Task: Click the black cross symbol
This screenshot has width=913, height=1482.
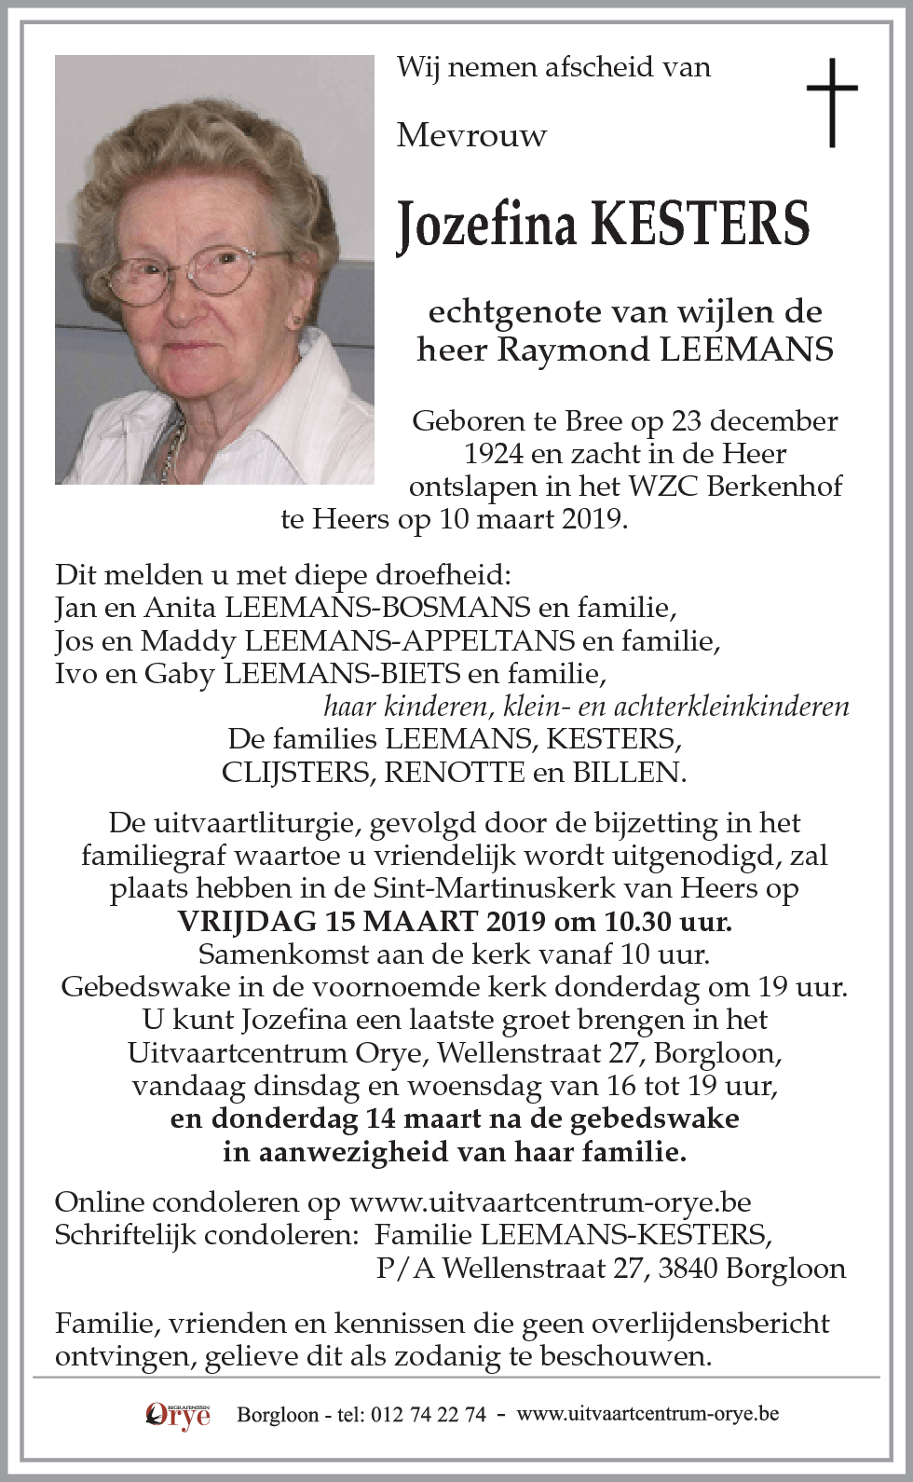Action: point(831,102)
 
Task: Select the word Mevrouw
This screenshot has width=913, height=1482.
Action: point(471,136)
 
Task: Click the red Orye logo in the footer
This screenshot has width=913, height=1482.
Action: point(177,1415)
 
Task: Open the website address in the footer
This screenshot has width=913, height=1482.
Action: point(647,1414)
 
